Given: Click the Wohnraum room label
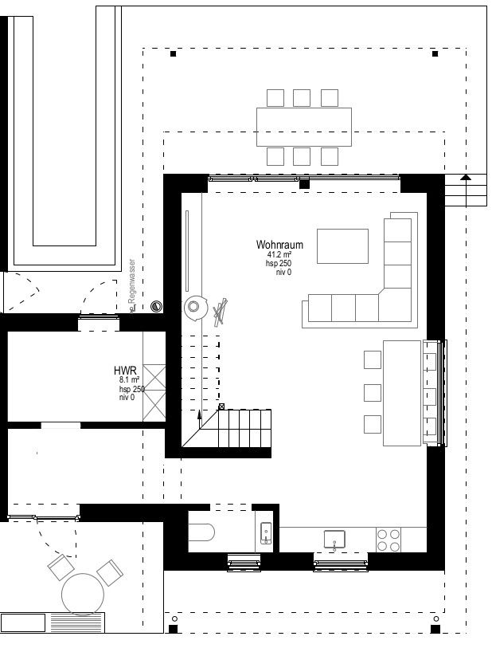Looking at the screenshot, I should point(279,245).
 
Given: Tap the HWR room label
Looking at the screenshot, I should point(126,371).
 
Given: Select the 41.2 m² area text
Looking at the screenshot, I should point(279,255).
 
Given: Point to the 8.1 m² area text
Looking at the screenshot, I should point(130,381).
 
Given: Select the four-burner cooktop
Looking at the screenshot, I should point(389,540).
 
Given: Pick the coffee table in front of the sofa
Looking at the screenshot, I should point(342,245).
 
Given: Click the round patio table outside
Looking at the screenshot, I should point(84,595).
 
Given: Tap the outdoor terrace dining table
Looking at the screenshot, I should point(303,126).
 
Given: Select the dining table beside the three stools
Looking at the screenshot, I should point(401,392).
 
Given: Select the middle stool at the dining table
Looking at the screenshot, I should point(372,392).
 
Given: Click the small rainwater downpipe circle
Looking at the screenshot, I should point(156,305).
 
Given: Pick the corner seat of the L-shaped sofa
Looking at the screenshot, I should point(397,304).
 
